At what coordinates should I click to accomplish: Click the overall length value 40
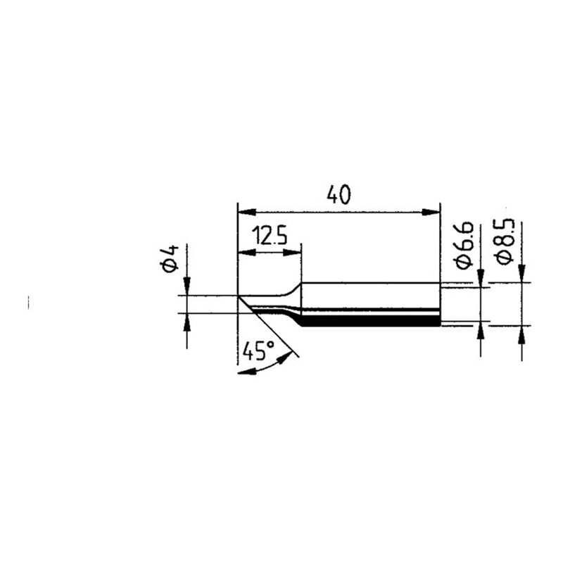coord(339,195)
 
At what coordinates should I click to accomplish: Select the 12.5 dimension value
coord(268,236)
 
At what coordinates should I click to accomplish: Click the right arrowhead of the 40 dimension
coord(432,211)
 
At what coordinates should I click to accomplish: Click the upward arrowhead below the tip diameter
coord(187,321)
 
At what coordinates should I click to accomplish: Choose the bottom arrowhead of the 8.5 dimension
coord(521,334)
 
